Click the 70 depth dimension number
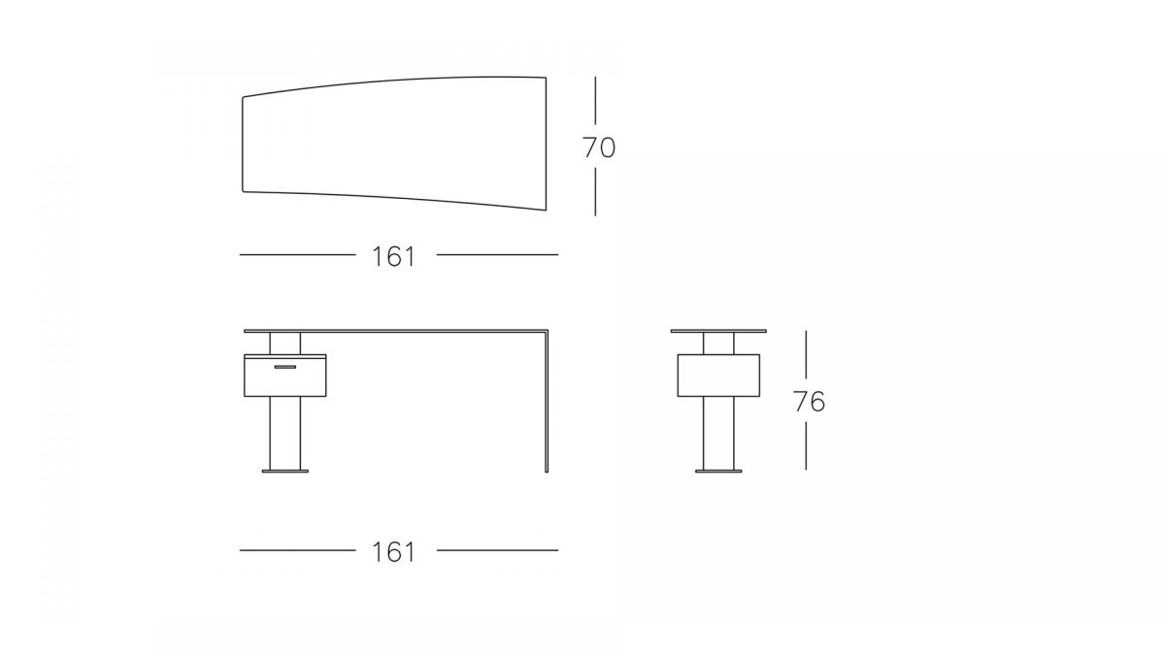pyautogui.click(x=599, y=147)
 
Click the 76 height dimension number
pyautogui.click(x=810, y=402)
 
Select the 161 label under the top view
pyautogui.click(x=394, y=257)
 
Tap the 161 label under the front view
pyautogui.click(x=394, y=552)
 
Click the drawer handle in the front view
pyautogui.click(x=285, y=367)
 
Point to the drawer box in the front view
pyautogui.click(x=285, y=376)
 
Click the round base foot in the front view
pyautogui.click(x=285, y=472)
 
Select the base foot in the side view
pyautogui.click(x=718, y=472)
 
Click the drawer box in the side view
pyautogui.click(x=718, y=376)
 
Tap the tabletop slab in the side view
pyautogui.click(x=718, y=331)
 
